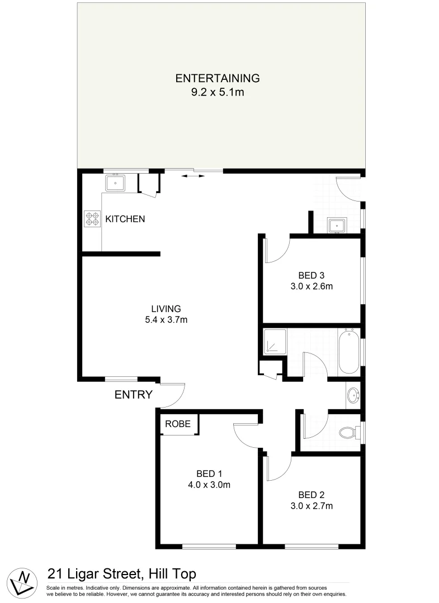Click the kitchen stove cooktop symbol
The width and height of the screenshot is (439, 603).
click(x=91, y=218)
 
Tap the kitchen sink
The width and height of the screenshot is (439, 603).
click(x=116, y=183)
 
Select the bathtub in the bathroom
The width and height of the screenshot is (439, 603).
click(x=350, y=352)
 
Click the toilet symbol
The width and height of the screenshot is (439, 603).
click(x=348, y=432)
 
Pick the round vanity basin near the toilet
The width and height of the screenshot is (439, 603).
click(x=353, y=396)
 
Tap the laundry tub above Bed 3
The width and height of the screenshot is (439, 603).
click(x=336, y=226)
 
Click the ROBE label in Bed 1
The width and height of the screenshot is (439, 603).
click(x=178, y=424)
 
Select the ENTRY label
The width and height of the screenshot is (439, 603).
click(x=133, y=395)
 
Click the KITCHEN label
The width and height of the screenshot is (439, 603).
click(x=125, y=219)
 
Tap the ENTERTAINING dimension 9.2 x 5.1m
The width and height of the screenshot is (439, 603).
click(x=218, y=92)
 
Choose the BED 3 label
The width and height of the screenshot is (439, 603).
click(x=311, y=275)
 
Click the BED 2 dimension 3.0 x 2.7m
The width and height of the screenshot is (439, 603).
click(x=311, y=506)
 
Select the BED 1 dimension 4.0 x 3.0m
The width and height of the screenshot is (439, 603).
click(x=209, y=485)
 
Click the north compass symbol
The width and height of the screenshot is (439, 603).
click(x=23, y=581)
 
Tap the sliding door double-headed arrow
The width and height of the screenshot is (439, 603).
click(x=192, y=176)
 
